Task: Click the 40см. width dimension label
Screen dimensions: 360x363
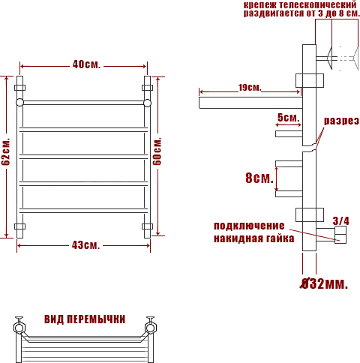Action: point(86,64)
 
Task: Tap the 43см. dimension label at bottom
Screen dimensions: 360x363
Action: point(85,245)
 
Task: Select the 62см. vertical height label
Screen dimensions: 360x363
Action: point(5,151)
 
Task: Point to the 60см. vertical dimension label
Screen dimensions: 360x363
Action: point(157,151)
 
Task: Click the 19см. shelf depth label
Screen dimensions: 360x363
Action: point(250,88)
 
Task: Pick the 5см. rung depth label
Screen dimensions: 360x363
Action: point(288,117)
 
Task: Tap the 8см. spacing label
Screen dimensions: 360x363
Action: point(259,178)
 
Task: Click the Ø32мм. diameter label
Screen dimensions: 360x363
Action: point(324,283)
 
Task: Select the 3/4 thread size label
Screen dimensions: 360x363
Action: point(340,220)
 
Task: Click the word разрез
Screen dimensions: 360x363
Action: point(341,121)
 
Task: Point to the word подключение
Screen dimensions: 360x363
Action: point(249,226)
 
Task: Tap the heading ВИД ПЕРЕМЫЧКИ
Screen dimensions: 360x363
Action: point(85,319)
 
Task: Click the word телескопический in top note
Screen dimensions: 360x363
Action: point(317,5)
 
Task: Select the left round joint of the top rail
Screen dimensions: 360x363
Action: point(19,103)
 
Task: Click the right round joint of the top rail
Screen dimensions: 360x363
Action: point(147,103)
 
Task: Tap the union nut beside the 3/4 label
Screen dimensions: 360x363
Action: point(340,235)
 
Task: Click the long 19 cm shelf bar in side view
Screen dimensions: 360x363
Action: point(250,103)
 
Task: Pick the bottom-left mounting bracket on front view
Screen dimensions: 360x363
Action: point(19,226)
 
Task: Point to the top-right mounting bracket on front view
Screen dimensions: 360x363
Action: point(147,88)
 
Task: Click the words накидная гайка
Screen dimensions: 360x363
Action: point(253,238)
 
